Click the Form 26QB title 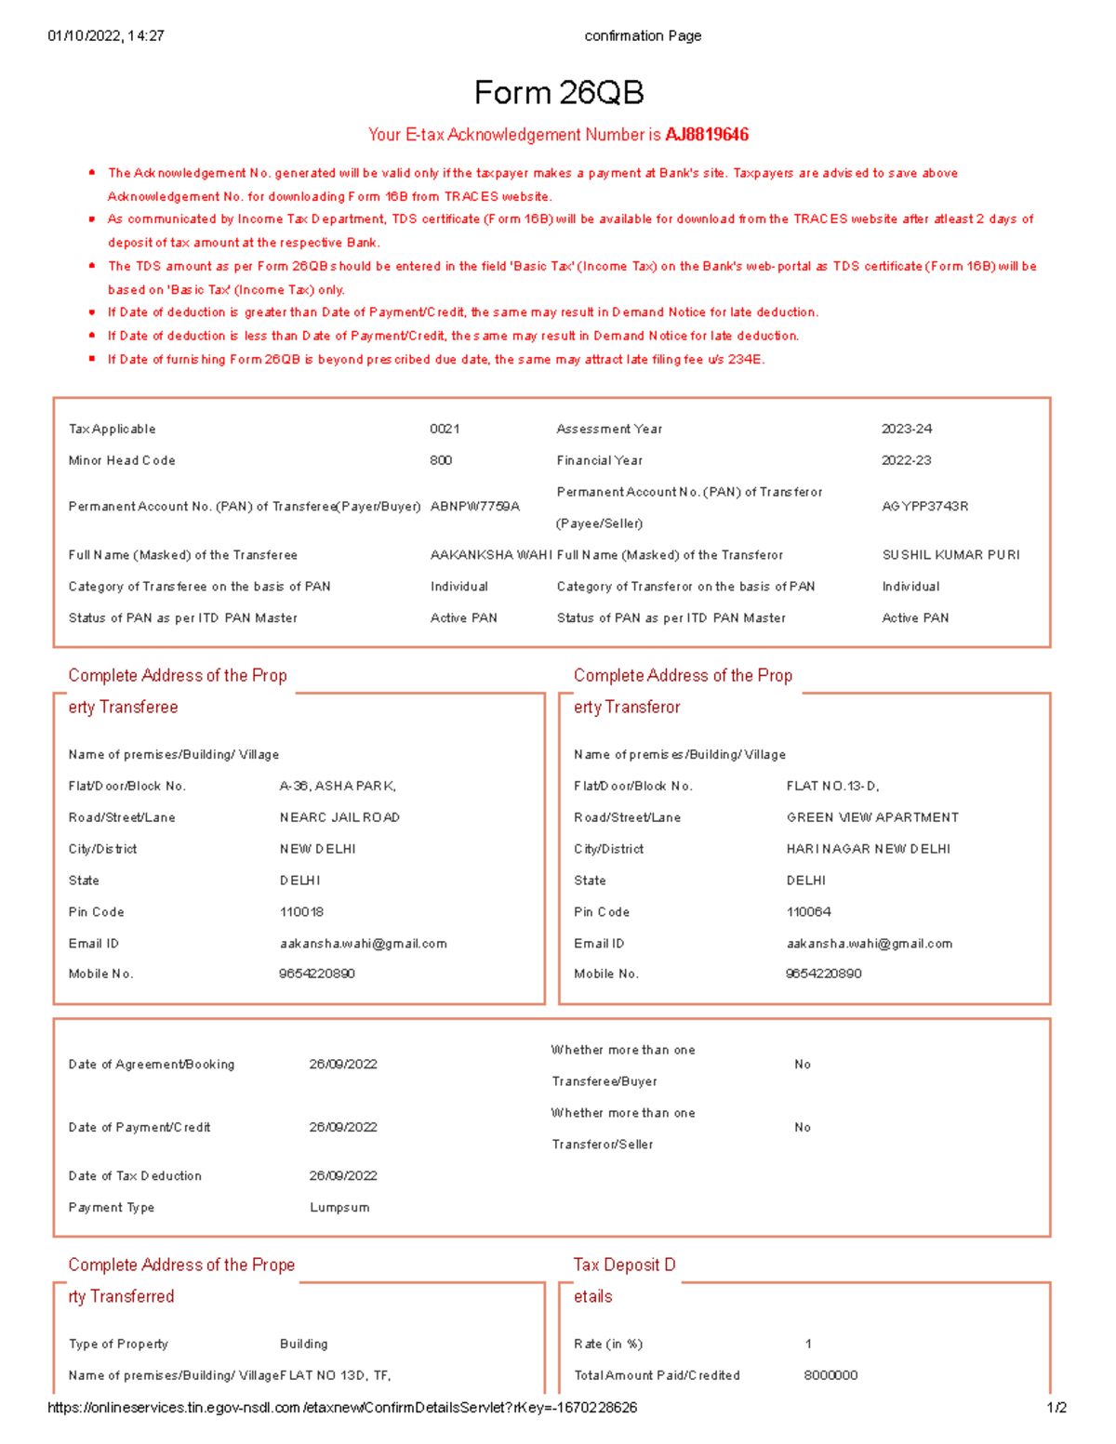click(558, 93)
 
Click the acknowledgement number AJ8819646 click(707, 135)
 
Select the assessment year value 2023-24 click(906, 429)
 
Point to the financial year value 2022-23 click(906, 460)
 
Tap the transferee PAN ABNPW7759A click(474, 507)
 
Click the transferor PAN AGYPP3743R click(924, 507)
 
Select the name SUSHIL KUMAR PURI click(950, 555)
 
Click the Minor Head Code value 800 click(441, 460)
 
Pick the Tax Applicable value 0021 click(445, 429)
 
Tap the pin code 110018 click(301, 912)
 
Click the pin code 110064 click(808, 912)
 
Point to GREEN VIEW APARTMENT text click(872, 817)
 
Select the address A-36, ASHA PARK click(338, 786)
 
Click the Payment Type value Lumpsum click(339, 1208)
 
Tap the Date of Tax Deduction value click(343, 1176)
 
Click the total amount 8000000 click(830, 1375)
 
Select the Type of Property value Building click(303, 1344)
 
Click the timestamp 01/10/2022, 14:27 click(106, 36)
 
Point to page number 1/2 click(1056, 1408)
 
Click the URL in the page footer click(342, 1408)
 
